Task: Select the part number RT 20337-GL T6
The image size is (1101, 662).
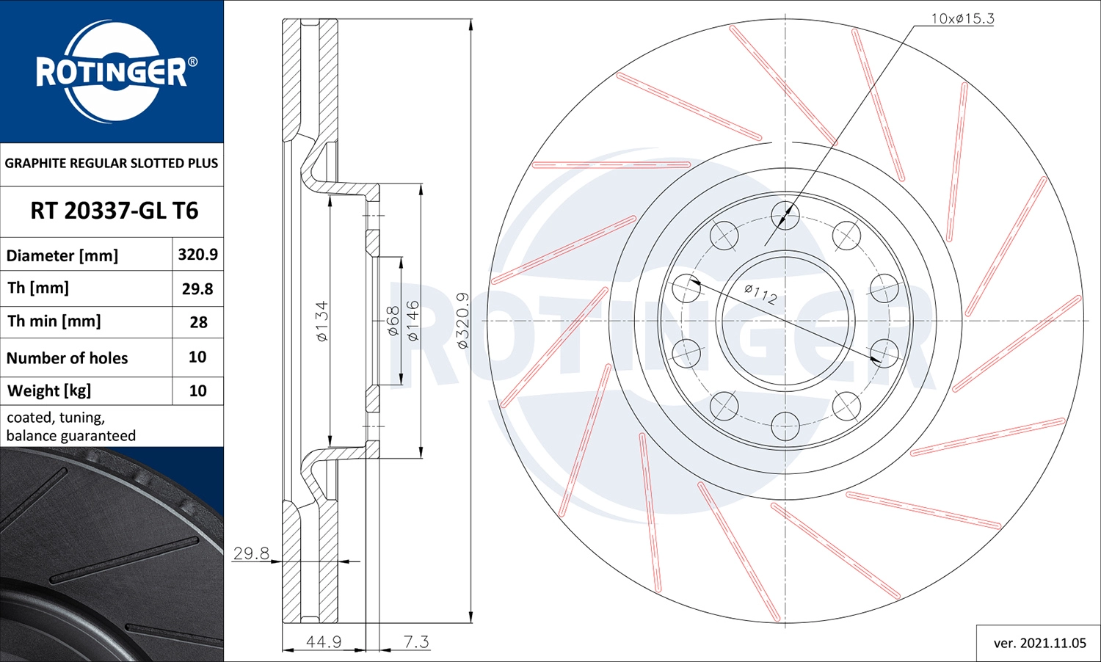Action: point(114,211)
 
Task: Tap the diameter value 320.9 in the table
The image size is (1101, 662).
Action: point(197,255)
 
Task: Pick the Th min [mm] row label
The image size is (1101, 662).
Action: point(54,321)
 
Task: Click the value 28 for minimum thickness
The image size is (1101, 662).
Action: point(199,322)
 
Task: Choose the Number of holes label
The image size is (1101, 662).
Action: point(67,357)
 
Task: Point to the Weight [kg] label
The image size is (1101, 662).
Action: point(49,391)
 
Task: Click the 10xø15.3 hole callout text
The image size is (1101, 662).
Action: point(962,18)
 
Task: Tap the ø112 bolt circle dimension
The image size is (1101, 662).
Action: point(760,294)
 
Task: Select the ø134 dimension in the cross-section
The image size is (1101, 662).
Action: point(321,321)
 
